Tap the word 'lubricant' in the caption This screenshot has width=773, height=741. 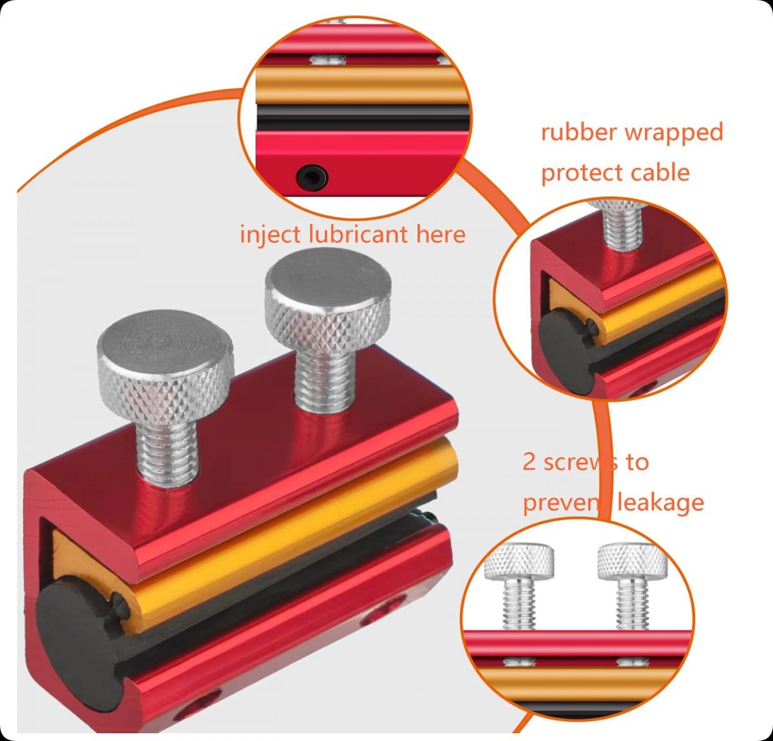point(358,234)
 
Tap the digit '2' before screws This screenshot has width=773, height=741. point(529,462)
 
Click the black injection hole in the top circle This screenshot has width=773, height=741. point(312,177)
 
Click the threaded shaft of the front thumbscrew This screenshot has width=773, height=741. point(167,449)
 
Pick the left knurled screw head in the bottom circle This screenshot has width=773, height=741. point(519,562)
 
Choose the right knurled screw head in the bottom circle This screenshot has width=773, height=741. point(633,562)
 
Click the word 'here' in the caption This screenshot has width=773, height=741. point(441,234)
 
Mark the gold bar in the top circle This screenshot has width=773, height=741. point(361,85)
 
